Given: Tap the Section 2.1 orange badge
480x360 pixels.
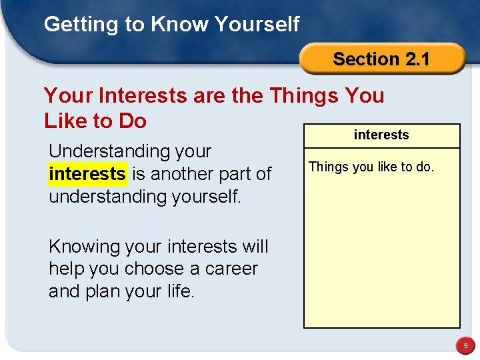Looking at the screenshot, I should (381, 59).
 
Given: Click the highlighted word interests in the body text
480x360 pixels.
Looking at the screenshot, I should (87, 174).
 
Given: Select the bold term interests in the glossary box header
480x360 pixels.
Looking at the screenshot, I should (381, 135).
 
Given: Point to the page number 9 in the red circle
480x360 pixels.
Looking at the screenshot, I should (466, 346).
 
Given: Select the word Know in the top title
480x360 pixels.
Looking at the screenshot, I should (177, 25).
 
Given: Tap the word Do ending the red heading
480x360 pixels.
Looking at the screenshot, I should (132, 121).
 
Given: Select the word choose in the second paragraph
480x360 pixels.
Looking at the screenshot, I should (154, 269).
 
